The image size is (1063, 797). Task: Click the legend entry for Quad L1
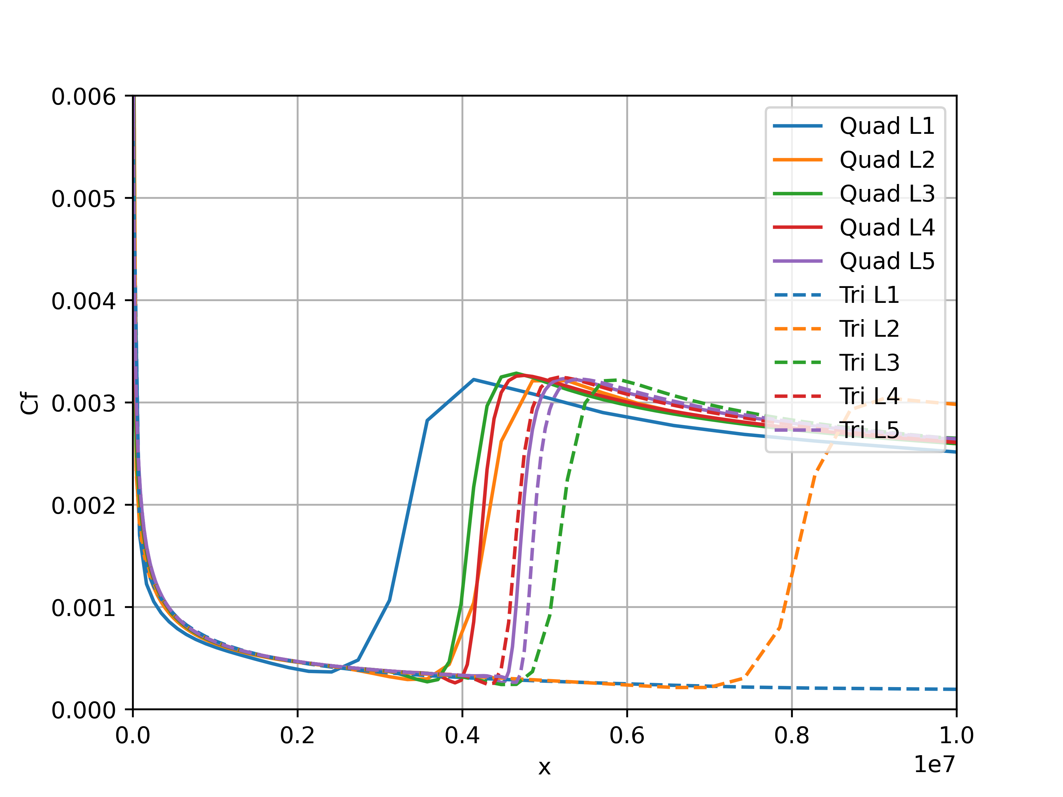(887, 126)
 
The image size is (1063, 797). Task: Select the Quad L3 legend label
(887, 194)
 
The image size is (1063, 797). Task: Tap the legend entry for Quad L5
(887, 261)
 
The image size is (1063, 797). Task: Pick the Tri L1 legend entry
(869, 295)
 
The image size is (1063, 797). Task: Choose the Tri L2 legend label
(869, 329)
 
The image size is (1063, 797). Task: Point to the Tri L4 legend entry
(869, 396)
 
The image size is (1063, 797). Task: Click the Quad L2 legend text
(887, 160)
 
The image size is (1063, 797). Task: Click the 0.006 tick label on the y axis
(84, 97)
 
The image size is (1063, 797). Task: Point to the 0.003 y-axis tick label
(84, 403)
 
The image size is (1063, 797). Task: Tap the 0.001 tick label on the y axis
(84, 608)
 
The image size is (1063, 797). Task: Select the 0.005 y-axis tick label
(84, 199)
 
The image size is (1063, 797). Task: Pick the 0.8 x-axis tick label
(792, 736)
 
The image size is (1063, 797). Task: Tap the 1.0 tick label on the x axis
(956, 736)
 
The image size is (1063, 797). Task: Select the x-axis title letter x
(544, 767)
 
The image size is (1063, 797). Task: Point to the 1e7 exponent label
(934, 764)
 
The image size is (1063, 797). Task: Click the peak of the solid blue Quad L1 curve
(474, 380)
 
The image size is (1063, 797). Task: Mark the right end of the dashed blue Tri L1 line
(955, 689)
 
